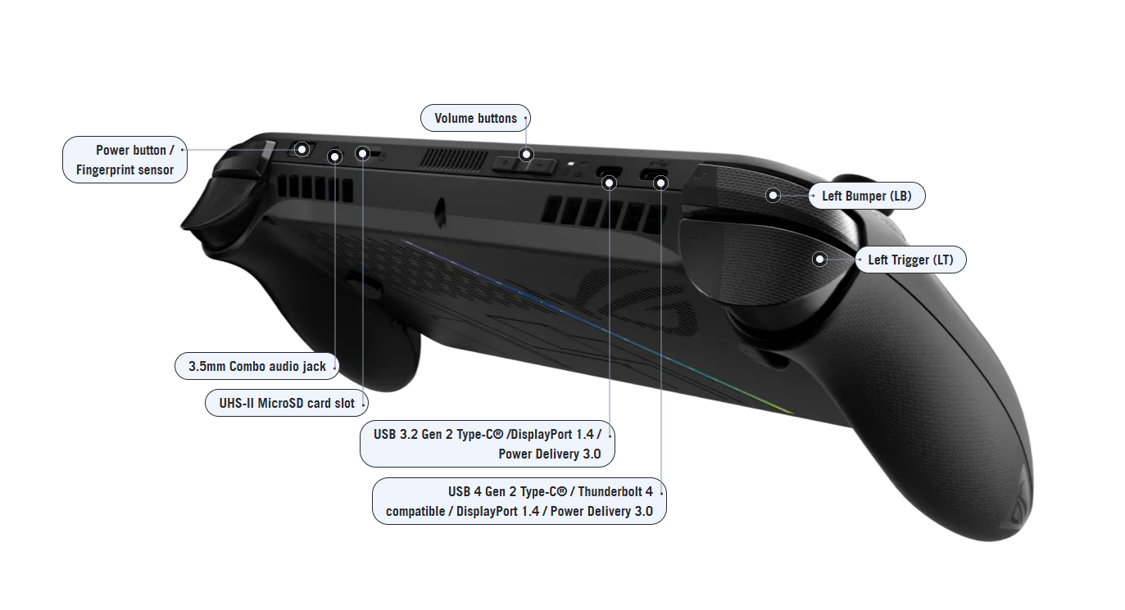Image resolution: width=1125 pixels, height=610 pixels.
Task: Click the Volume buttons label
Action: [x=475, y=118]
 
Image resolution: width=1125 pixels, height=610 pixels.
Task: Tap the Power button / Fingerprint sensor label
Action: [x=125, y=160]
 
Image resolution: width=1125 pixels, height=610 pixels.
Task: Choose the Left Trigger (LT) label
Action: [x=910, y=260]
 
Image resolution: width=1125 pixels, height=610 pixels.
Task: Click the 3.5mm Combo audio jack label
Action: [x=256, y=366]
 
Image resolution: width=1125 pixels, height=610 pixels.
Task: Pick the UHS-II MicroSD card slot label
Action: [x=286, y=404]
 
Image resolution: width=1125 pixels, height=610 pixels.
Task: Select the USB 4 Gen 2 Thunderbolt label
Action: [x=519, y=502]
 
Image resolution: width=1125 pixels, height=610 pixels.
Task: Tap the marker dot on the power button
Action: [x=302, y=149]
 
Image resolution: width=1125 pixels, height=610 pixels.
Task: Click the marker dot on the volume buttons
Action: [x=526, y=154]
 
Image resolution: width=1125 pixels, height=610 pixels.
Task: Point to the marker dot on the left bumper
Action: [x=773, y=195]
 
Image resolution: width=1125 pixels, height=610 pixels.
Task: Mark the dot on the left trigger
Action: [x=819, y=260]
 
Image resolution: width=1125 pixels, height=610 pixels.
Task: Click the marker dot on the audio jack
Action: [x=334, y=155]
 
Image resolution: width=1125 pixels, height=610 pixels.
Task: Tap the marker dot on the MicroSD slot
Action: [x=363, y=153]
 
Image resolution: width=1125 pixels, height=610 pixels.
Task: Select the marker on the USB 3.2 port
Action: [x=609, y=183]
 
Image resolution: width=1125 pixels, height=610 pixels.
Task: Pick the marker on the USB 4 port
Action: [x=660, y=183]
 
